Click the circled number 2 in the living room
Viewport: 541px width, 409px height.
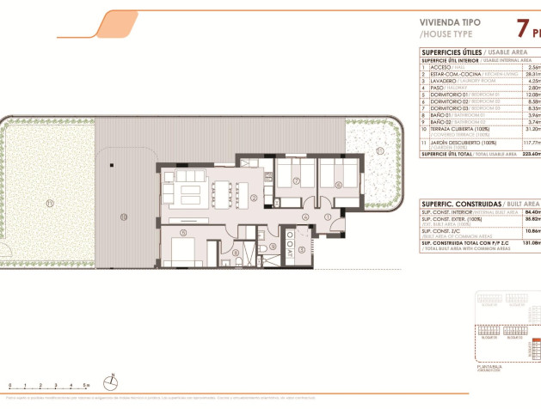pyautogui.click(x=254, y=197)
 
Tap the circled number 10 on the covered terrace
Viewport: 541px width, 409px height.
pyautogui.click(x=124, y=217)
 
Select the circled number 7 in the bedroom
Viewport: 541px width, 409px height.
pyautogui.click(x=296, y=181)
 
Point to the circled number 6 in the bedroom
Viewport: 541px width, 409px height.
pyautogui.click(x=339, y=184)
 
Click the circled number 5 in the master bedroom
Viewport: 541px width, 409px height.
pyautogui.click(x=183, y=232)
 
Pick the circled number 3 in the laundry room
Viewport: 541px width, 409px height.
pyautogui.click(x=302, y=250)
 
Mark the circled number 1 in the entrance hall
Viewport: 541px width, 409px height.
pyautogui.click(x=327, y=217)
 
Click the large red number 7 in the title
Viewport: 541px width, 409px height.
pyautogui.click(x=522, y=28)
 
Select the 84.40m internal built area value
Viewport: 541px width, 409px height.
pyautogui.click(x=532, y=211)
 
